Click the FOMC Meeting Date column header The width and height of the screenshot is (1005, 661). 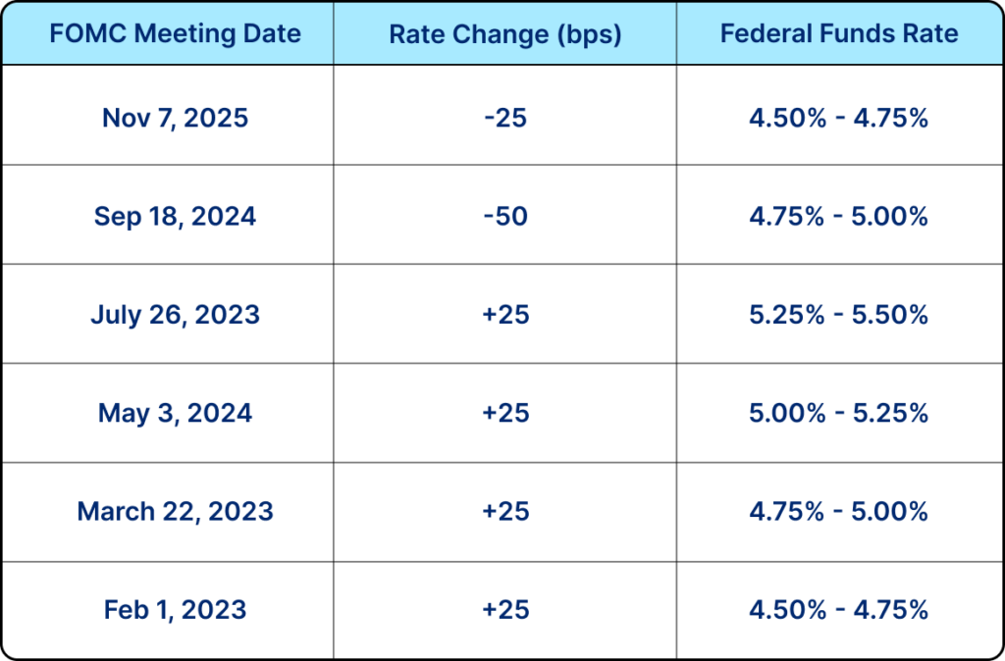pyautogui.click(x=175, y=33)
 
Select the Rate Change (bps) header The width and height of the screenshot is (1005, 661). pyautogui.click(x=504, y=33)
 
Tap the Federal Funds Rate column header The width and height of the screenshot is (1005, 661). pyautogui.click(x=838, y=33)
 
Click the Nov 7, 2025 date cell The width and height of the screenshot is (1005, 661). pyautogui.click(x=175, y=119)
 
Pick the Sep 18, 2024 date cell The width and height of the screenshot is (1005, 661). pyautogui.click(x=175, y=217)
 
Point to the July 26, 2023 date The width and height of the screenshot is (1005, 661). pyautogui.click(x=175, y=315)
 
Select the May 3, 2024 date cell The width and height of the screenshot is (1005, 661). pyautogui.click(x=175, y=413)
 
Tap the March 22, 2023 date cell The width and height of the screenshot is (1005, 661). pyautogui.click(x=175, y=511)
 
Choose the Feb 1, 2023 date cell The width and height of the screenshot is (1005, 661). pyautogui.click(x=175, y=609)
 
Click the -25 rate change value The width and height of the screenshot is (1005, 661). pyautogui.click(x=504, y=119)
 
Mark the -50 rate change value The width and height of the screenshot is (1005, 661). pyautogui.click(x=504, y=217)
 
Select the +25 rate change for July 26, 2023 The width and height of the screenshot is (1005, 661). pyautogui.click(x=504, y=315)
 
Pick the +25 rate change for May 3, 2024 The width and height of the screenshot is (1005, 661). pyautogui.click(x=504, y=413)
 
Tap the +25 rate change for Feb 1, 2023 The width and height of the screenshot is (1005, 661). pyautogui.click(x=504, y=609)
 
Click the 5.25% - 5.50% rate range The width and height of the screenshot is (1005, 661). pyautogui.click(x=838, y=315)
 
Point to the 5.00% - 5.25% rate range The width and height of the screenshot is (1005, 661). pyautogui.click(x=838, y=413)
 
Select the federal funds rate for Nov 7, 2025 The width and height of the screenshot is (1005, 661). pyautogui.click(x=838, y=119)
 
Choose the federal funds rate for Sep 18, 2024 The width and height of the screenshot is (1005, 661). pyautogui.click(x=838, y=217)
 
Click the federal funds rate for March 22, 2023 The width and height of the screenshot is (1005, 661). pyautogui.click(x=838, y=511)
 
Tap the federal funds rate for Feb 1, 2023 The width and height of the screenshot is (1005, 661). pyautogui.click(x=838, y=609)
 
